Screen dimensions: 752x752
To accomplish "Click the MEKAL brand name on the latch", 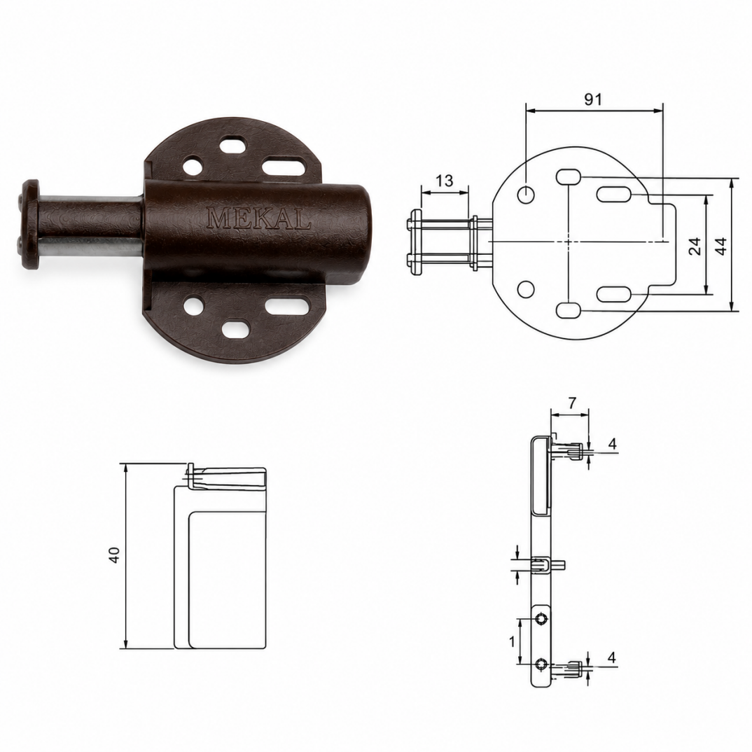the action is (x=258, y=218).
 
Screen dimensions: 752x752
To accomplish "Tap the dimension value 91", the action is (x=593, y=99).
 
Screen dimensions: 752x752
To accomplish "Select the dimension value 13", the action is (x=445, y=181).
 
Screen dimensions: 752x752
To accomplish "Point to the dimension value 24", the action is (x=697, y=246).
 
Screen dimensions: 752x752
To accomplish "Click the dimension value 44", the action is (x=721, y=246).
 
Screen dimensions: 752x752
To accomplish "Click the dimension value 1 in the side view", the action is (x=512, y=641).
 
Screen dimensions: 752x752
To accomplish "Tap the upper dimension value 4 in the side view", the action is (x=612, y=444).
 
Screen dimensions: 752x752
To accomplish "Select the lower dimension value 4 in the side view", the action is (x=611, y=658).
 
